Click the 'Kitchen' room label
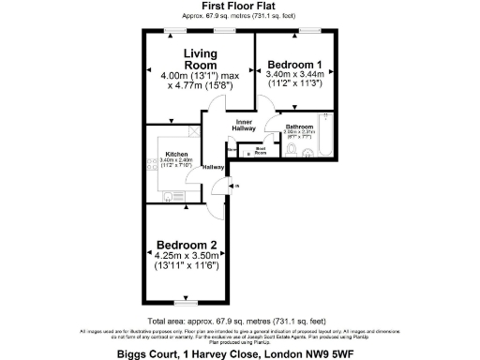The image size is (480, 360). click(176, 154)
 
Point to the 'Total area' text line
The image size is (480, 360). click(238, 320)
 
